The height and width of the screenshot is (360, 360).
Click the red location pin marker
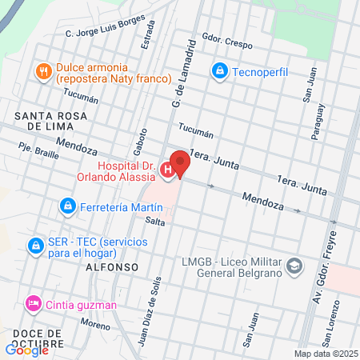(180, 162)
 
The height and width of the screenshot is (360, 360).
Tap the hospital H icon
(166, 169)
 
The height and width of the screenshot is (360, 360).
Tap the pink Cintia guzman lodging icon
(33, 303)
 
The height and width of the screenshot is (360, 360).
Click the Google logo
(27, 349)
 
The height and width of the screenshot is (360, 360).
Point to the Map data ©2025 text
(326, 354)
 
